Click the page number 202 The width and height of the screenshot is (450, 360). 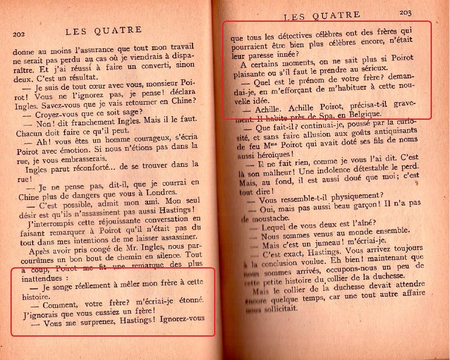click(19, 34)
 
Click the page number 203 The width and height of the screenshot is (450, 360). click(405, 12)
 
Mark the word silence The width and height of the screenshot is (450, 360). click(170, 256)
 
